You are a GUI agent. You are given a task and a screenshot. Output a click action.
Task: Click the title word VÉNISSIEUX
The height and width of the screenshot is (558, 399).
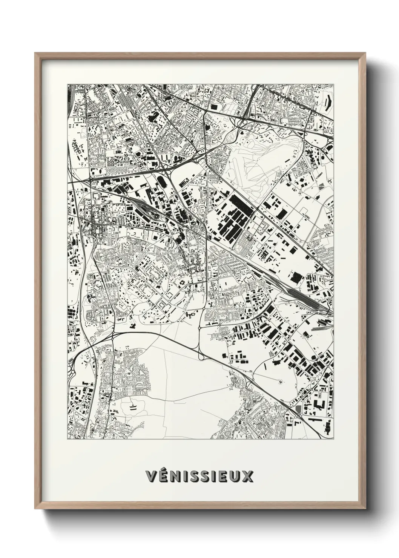point(199,476)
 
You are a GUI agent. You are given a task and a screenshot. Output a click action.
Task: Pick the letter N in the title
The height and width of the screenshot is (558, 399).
point(175,476)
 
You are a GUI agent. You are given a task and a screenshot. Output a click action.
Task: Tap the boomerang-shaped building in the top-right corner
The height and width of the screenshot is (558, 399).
point(327,102)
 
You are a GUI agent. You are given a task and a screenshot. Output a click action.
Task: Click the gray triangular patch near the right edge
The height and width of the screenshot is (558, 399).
point(321,185)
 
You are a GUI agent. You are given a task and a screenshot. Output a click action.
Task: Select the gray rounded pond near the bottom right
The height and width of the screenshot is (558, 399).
point(299,409)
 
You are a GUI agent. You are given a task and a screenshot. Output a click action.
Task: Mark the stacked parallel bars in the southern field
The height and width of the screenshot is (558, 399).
point(133,406)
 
